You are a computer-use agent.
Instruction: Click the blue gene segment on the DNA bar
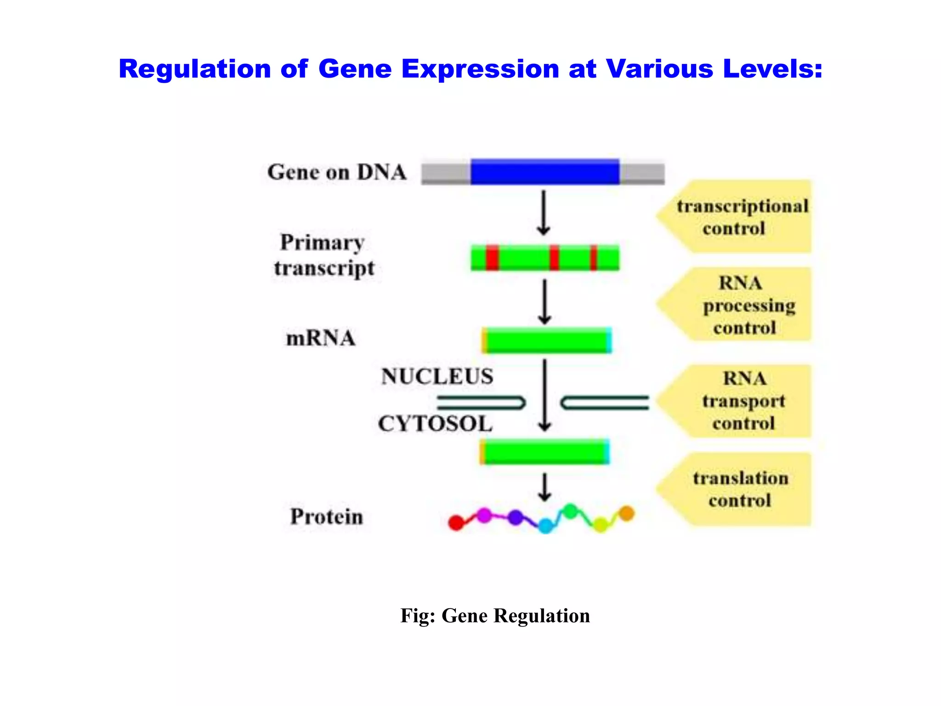544,172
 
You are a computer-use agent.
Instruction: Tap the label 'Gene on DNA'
337,172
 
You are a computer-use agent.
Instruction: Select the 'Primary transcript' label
323,256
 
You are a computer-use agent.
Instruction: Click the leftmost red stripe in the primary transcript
492,258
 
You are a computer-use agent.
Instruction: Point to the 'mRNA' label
321,339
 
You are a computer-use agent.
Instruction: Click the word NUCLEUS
437,376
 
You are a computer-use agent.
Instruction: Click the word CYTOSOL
435,424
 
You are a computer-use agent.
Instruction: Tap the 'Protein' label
327,517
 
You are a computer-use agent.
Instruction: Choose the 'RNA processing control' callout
744,305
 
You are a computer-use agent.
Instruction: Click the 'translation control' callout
740,490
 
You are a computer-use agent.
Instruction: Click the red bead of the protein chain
456,523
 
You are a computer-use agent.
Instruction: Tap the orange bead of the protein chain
627,513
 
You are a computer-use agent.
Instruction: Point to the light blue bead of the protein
545,525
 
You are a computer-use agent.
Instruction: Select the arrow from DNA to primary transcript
544,213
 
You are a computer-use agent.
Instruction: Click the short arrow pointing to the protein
544,488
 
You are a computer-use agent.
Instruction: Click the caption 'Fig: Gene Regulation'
495,616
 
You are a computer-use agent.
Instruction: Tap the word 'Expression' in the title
480,69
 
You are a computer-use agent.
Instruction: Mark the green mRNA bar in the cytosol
545,452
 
